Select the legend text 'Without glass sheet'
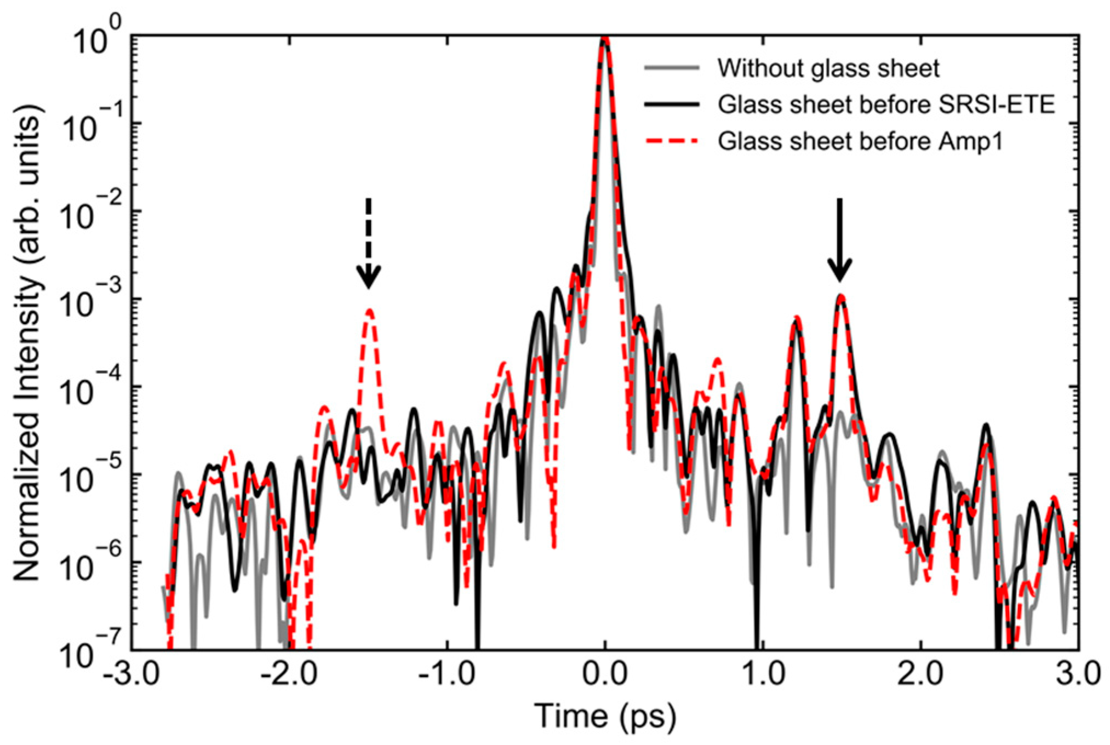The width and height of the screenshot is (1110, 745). coord(828,68)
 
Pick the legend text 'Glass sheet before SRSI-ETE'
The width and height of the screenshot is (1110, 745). coord(886,105)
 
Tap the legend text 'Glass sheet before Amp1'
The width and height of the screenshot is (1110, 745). coord(860,141)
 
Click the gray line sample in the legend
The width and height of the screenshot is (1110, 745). coord(672,68)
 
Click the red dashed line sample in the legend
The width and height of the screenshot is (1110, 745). coord(672,141)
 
